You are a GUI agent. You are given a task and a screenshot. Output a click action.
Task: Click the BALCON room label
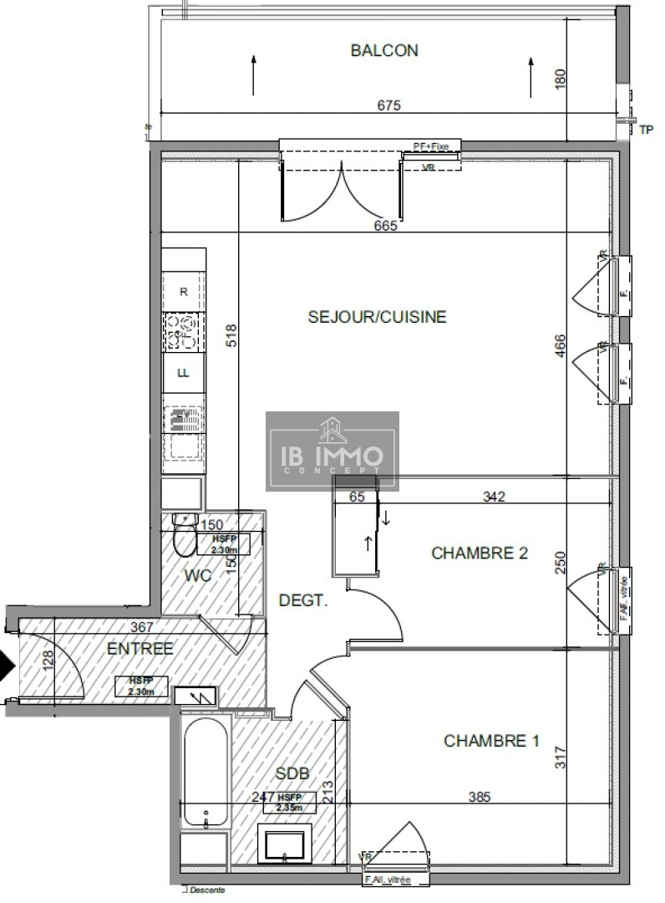tap(384, 50)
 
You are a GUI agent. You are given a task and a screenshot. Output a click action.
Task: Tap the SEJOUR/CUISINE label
tap(377, 317)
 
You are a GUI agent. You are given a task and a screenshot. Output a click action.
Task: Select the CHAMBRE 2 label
tap(479, 553)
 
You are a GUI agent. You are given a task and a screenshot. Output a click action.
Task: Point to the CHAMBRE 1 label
tap(491, 741)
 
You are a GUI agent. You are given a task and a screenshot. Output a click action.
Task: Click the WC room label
tap(199, 575)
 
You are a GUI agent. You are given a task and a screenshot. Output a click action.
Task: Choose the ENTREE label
tap(140, 648)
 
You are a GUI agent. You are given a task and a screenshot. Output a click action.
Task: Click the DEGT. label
tap(302, 599)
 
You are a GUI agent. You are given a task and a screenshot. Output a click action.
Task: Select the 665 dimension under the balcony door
tap(385, 225)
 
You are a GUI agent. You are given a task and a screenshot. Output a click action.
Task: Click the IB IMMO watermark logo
tap(332, 451)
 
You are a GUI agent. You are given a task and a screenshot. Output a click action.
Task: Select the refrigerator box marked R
tap(184, 292)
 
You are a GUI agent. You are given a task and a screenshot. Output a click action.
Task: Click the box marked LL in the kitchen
tap(183, 373)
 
